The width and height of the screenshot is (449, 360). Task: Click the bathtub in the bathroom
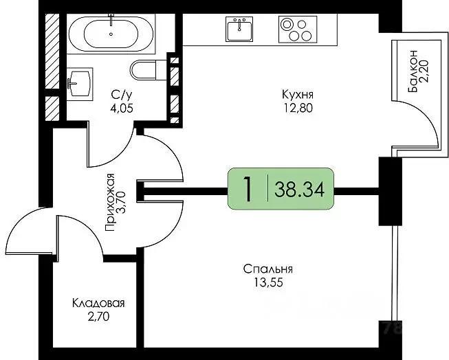(x=111, y=32)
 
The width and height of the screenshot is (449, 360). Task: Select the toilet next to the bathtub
(x=146, y=69)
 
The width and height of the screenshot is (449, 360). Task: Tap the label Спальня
(x=268, y=269)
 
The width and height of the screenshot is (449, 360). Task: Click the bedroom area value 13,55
(x=268, y=281)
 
